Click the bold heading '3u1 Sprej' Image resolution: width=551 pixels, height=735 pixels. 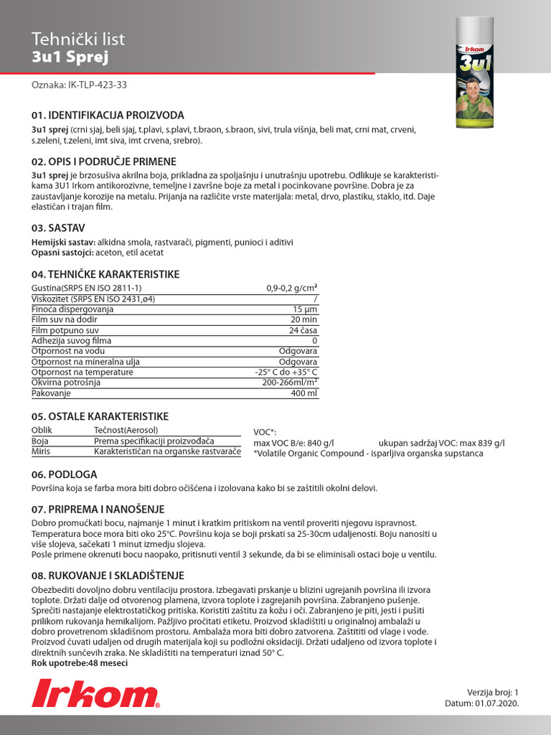click(x=70, y=57)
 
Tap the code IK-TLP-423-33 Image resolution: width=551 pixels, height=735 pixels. click(x=80, y=85)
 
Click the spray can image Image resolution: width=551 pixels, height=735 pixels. click(x=484, y=72)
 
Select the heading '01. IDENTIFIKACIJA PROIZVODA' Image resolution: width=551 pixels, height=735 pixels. click(x=108, y=115)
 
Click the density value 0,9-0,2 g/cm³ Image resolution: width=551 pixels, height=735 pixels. click(x=291, y=288)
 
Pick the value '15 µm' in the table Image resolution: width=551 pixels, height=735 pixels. click(x=305, y=309)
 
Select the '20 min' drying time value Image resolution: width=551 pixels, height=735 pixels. click(x=303, y=319)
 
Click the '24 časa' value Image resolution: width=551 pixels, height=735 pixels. click(x=303, y=330)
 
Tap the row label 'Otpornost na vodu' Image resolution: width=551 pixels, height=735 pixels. click(x=67, y=351)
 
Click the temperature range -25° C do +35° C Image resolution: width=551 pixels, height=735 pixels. click(x=286, y=372)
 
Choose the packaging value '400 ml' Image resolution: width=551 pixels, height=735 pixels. click(x=303, y=393)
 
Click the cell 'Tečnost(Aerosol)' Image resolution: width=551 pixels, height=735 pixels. click(x=126, y=429)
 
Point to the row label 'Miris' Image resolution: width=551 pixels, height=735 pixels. click(x=40, y=451)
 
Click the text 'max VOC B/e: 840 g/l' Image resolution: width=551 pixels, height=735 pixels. click(x=294, y=443)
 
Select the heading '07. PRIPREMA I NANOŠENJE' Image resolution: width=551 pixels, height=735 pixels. click(x=98, y=509)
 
